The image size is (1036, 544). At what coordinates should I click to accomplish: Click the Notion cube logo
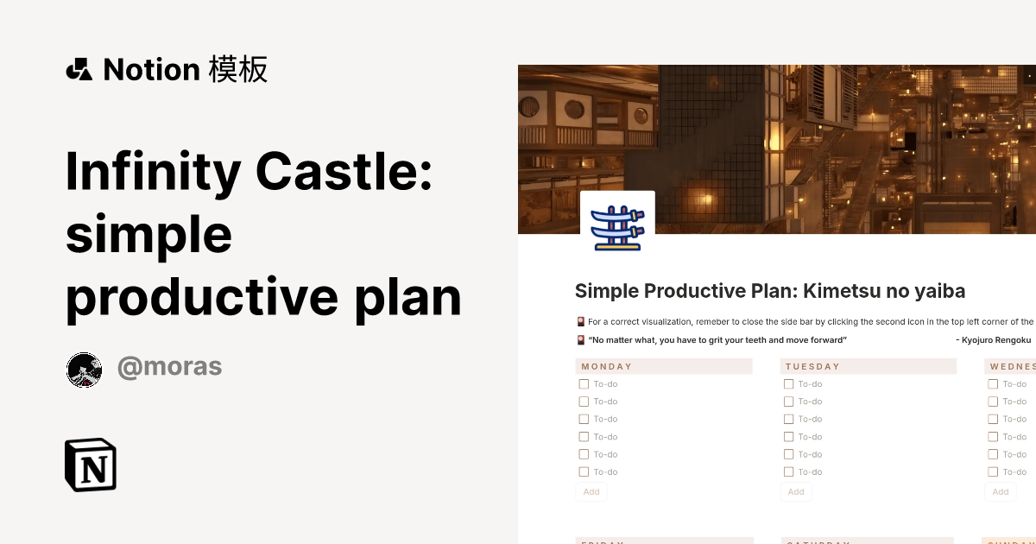(91, 465)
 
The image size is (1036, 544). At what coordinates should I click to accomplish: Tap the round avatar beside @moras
(85, 370)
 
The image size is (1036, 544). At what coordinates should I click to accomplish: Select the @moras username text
(169, 367)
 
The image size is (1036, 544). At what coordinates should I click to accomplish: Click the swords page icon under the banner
(617, 227)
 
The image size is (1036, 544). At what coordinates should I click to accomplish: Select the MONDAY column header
(607, 366)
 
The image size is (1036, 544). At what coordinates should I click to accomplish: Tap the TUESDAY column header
(812, 366)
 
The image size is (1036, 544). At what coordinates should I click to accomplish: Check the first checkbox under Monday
(584, 384)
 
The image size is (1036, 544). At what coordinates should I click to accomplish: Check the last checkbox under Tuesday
(789, 472)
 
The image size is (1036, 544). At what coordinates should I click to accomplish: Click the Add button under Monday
(591, 492)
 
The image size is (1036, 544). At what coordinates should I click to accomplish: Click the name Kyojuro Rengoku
(997, 340)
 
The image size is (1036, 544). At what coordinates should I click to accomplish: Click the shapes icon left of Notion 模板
(79, 69)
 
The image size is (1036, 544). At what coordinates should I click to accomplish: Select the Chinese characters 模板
(238, 69)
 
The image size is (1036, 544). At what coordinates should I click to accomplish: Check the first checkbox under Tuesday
(789, 384)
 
